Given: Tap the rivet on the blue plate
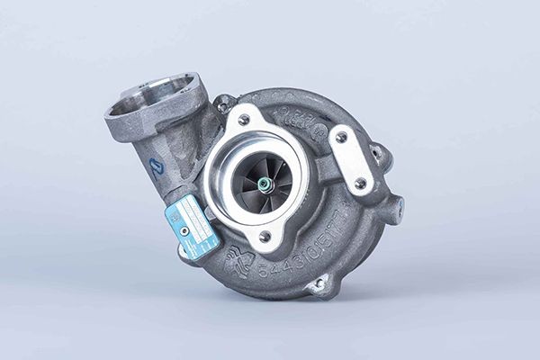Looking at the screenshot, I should pos(184,230).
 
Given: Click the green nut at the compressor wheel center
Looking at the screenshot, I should pos(264,184).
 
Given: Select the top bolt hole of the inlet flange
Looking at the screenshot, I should pos(243,119).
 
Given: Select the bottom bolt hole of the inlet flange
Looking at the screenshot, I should pos(264,237).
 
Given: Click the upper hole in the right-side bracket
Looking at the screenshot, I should pos(341,138).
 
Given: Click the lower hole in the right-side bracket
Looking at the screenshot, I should pos(360,183).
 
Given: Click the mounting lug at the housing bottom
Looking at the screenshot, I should pos(316,285).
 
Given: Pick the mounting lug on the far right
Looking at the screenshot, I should pos(392,209).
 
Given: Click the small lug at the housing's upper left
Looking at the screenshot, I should pos(223,102).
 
